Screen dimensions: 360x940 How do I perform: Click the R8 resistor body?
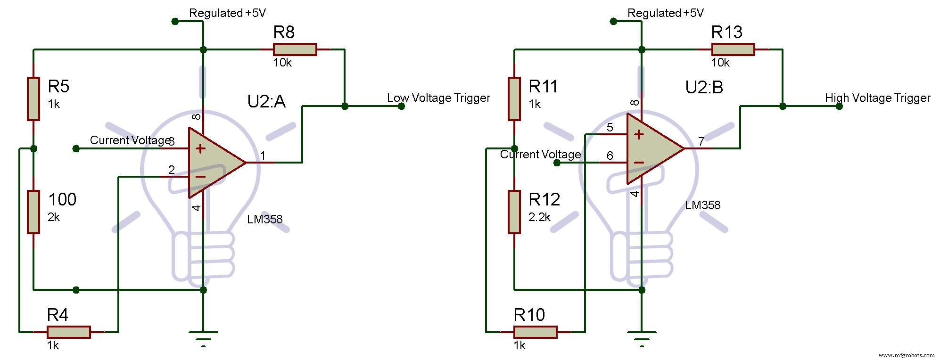pyautogui.click(x=295, y=49)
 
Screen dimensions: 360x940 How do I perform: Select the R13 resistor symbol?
pyautogui.click(x=733, y=49)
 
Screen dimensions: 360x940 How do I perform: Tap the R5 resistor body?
pyautogui.click(x=33, y=99)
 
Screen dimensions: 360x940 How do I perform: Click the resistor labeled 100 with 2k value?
pyautogui.click(x=33, y=212)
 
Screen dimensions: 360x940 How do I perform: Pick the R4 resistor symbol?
pyautogui.click(x=68, y=332)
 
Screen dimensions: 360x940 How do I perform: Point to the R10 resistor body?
pyautogui.click(x=535, y=332)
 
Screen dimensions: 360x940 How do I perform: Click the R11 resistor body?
pyautogui.click(x=514, y=99)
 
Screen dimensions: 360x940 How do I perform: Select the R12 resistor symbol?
pyautogui.click(x=514, y=212)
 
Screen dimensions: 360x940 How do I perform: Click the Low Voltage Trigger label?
pyautogui.click(x=438, y=98)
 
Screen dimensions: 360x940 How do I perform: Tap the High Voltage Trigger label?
pyautogui.click(x=877, y=98)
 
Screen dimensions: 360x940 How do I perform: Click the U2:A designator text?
pyautogui.click(x=266, y=102)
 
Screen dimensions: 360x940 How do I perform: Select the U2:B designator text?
pyautogui.click(x=704, y=88)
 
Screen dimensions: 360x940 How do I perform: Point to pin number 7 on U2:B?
pyautogui.click(x=701, y=141)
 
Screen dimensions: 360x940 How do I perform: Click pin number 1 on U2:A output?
pyautogui.click(x=263, y=155)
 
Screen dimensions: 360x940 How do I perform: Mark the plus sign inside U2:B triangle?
pyautogui.click(x=639, y=135)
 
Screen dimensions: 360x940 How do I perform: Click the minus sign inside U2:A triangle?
pyautogui.click(x=200, y=177)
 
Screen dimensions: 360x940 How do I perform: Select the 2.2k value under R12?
pyautogui.click(x=539, y=217)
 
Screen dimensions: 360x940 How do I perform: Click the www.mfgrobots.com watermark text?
pyautogui.click(x=906, y=355)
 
